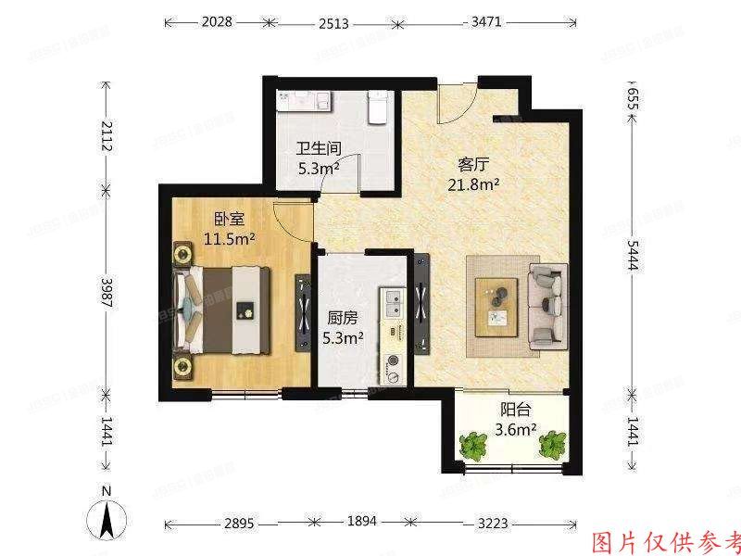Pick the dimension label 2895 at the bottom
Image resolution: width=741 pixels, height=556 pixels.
pos(243,522)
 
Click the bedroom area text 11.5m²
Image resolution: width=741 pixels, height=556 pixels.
pos(230,239)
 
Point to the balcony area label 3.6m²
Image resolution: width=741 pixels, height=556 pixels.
pos(515,429)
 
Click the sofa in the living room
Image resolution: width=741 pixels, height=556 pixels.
pos(548,303)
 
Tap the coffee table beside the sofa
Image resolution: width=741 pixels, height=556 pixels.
pos(500,306)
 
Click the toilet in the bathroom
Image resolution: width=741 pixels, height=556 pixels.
pos(375,107)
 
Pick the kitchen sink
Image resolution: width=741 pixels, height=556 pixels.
pos(394,300)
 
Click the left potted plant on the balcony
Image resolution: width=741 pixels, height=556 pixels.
pos(475,447)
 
